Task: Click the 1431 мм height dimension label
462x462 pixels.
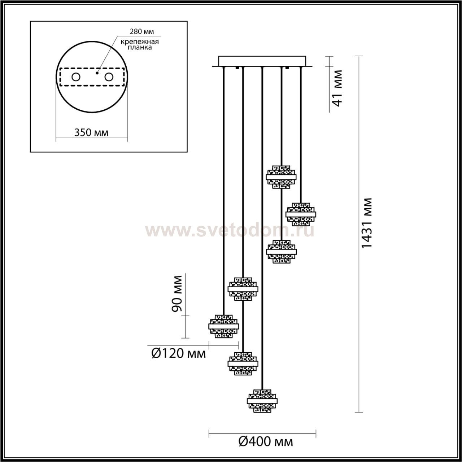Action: pos(366,223)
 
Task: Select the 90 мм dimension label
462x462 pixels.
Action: pos(177,293)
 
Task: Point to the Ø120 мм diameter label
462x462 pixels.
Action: pos(179,360)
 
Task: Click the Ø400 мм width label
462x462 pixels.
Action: pos(266,441)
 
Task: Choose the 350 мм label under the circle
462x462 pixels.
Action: pos(91,132)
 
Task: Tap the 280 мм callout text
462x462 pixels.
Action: pos(142,31)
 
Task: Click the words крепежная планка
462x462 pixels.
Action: pos(140,45)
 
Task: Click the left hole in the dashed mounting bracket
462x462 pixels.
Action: pos(76,77)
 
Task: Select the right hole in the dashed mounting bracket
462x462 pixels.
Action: pos(109,77)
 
